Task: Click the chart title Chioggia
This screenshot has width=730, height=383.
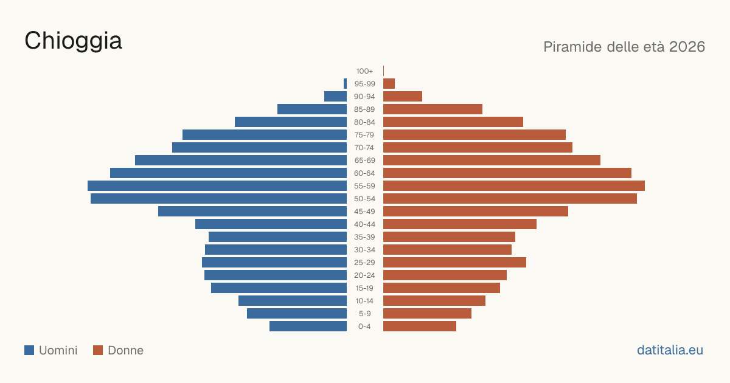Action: tap(73, 41)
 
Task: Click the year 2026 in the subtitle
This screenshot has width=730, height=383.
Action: tap(687, 47)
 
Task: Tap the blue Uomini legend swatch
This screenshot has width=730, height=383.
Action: tap(29, 350)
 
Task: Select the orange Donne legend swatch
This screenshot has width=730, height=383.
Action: tap(98, 350)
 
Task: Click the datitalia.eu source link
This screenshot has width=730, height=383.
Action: tap(670, 350)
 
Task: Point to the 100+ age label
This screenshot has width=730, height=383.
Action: tap(364, 71)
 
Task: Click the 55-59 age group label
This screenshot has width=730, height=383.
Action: tap(364, 186)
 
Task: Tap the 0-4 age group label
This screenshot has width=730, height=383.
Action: tap(364, 326)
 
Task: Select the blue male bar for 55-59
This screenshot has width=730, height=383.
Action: tap(217, 186)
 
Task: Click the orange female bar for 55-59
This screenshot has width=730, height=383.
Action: tap(514, 186)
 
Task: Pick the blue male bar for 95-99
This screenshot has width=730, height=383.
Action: tap(345, 84)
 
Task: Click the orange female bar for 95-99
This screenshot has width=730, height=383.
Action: tap(389, 84)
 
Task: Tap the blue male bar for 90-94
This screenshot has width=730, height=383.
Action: tap(335, 97)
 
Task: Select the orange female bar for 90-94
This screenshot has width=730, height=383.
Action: tap(403, 97)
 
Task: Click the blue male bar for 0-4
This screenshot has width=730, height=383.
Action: tap(308, 326)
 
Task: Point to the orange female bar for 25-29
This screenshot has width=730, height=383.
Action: tap(454, 263)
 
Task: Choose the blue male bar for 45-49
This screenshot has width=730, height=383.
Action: tap(252, 212)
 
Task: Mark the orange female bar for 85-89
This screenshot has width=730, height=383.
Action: tap(433, 109)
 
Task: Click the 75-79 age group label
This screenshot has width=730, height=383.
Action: tap(364, 135)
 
